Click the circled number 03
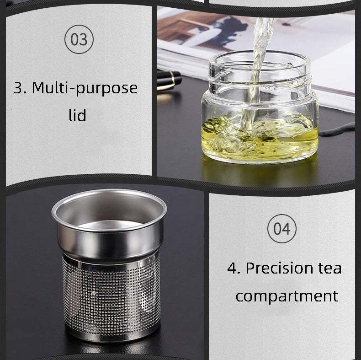click(x=79, y=39)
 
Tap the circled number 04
click(x=282, y=229)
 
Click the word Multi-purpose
click(x=85, y=88)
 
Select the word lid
click(x=78, y=115)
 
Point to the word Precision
click(x=279, y=268)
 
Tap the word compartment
click(x=287, y=297)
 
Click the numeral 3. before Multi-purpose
click(x=20, y=88)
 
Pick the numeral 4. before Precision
click(x=234, y=268)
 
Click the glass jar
click(x=260, y=107)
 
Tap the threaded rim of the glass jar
click(x=260, y=69)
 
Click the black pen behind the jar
click(x=170, y=80)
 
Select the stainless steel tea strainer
click(x=110, y=264)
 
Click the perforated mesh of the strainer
click(x=111, y=297)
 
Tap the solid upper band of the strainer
click(x=111, y=242)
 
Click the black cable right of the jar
click(x=337, y=129)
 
